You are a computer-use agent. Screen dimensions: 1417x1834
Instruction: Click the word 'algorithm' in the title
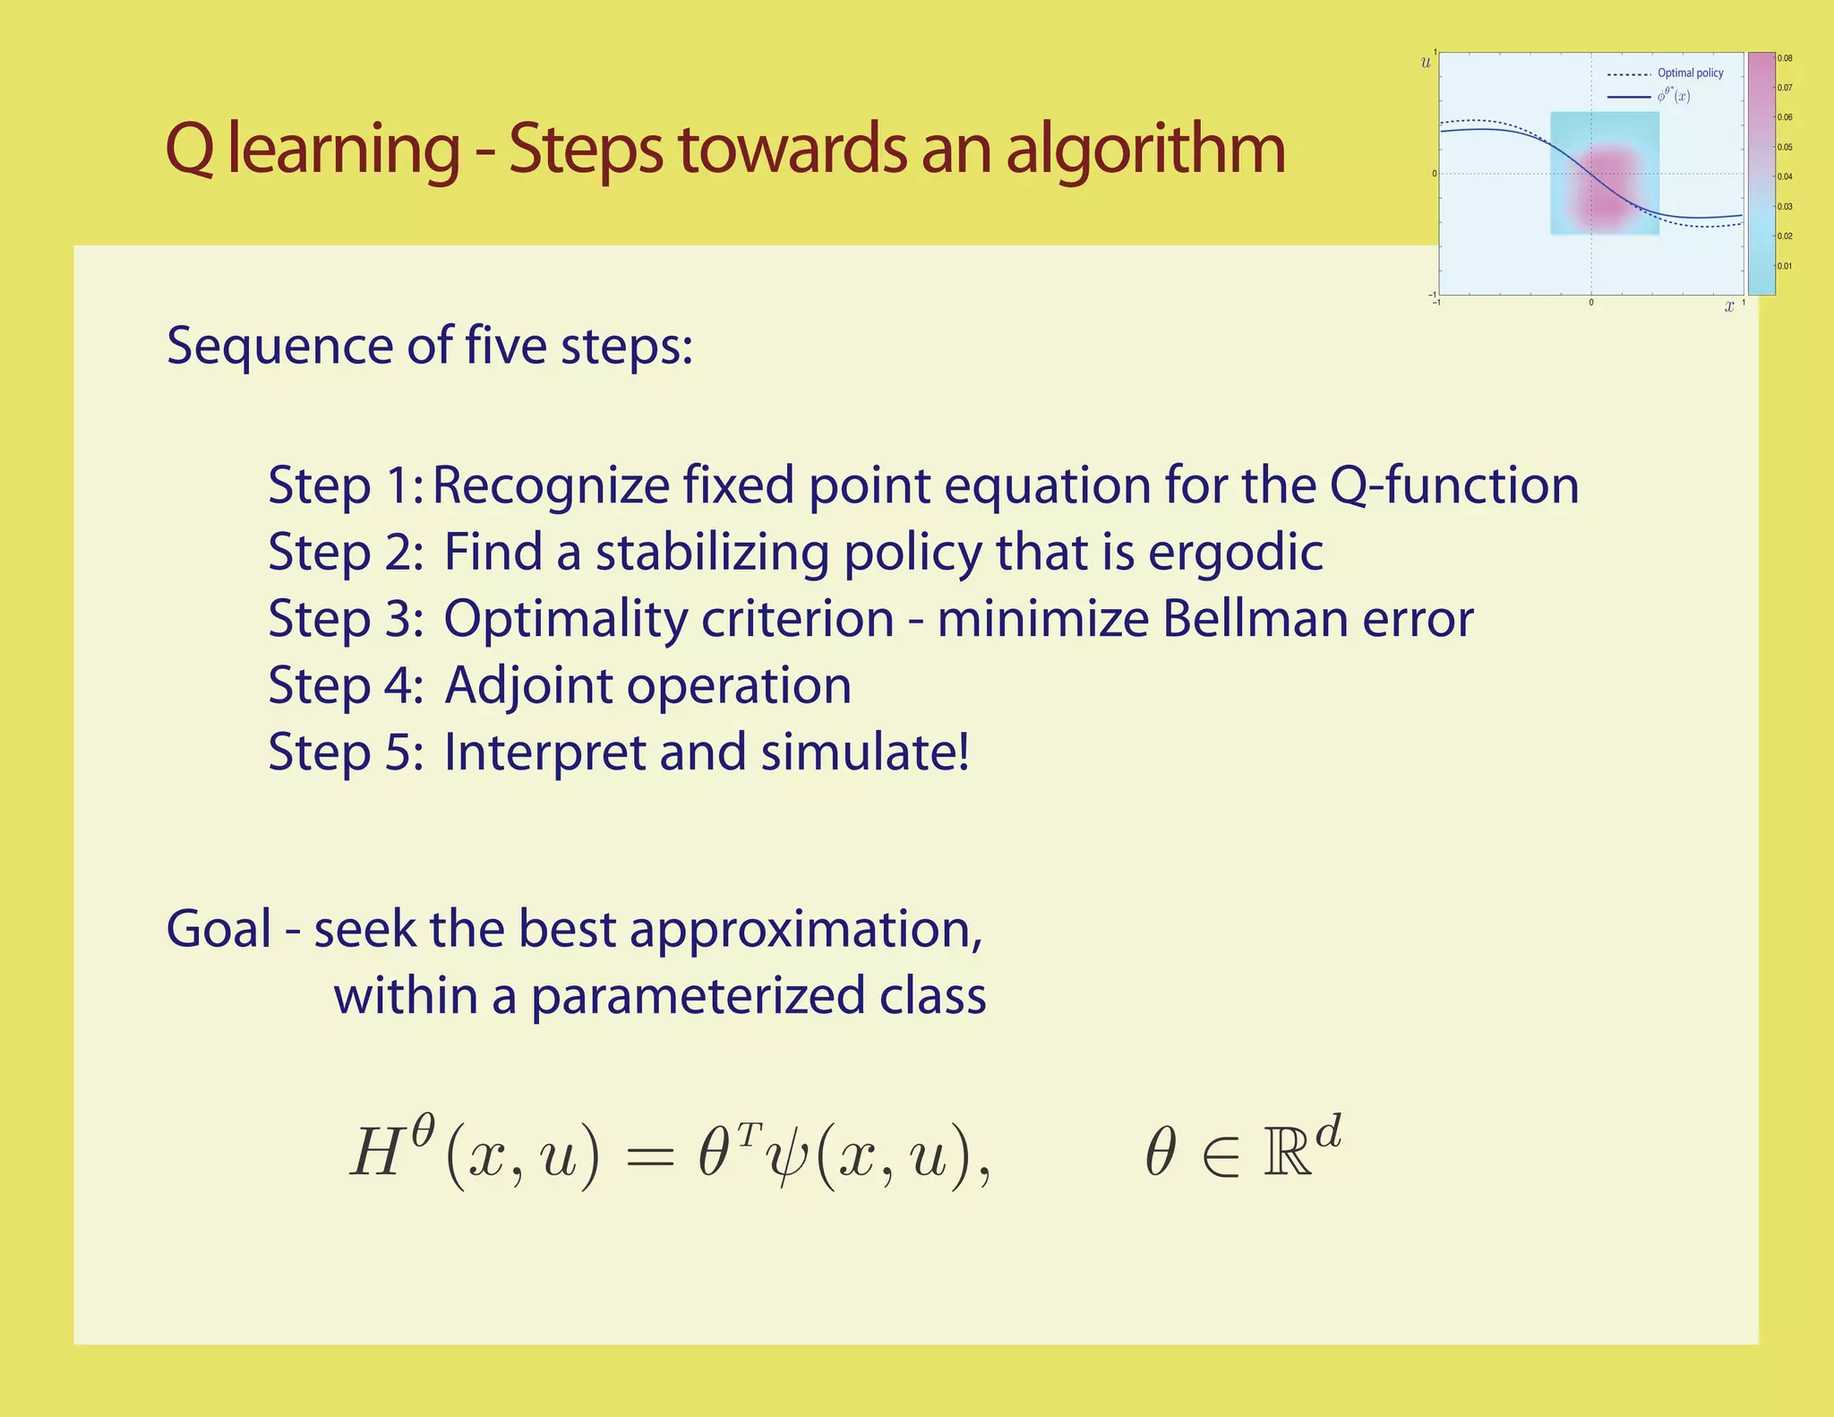1145,150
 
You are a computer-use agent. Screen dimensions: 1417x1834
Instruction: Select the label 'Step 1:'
346,486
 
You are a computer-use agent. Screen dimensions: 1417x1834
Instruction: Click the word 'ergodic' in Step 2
1235,553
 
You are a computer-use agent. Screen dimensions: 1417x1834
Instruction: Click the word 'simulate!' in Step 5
865,751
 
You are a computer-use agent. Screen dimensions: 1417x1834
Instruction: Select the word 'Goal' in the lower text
219,929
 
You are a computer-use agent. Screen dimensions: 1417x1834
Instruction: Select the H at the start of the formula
376,1154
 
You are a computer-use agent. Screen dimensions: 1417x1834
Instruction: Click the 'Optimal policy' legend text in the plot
1690,73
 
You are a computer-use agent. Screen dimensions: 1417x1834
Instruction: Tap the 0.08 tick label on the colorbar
1785,59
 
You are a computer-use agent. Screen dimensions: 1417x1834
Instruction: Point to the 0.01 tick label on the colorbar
1785,266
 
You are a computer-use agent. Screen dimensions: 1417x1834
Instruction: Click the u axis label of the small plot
1426,63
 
